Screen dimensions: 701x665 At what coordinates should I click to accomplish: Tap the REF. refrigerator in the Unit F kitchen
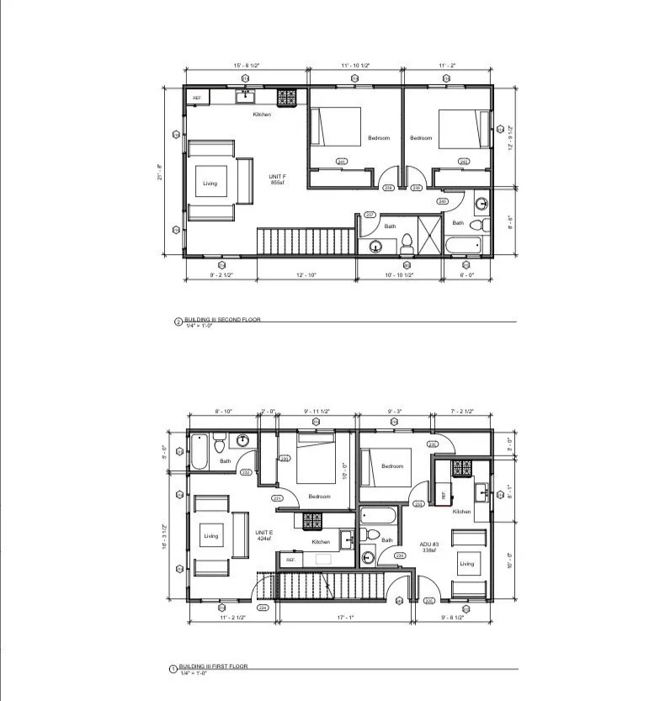(197, 98)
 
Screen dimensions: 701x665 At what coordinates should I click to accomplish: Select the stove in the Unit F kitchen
(286, 96)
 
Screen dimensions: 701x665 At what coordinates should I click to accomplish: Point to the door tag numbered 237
(369, 215)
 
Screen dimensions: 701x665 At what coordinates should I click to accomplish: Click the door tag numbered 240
(443, 201)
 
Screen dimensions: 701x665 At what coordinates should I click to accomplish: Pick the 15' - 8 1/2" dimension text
(246, 65)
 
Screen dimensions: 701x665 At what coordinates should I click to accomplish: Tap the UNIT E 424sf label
(263, 535)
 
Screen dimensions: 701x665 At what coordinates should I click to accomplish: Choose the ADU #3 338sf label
(433, 547)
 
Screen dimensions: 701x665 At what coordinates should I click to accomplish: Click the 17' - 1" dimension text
(343, 619)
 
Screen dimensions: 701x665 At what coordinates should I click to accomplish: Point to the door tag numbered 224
(263, 607)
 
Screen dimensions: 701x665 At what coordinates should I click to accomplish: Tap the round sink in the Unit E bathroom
(242, 439)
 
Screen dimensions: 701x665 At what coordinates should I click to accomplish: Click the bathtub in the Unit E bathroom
(199, 451)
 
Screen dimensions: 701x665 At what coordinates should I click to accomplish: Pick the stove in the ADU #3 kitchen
(462, 469)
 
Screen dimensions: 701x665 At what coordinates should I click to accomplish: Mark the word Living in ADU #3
(466, 564)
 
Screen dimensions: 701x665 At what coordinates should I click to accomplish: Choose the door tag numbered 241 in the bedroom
(341, 162)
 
